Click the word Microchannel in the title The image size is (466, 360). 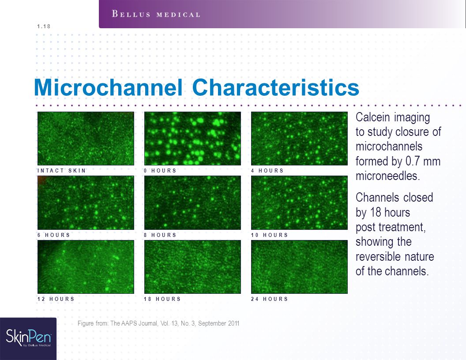click(x=108, y=87)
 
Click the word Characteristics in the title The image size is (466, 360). click(x=276, y=87)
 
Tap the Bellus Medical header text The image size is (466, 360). click(x=156, y=14)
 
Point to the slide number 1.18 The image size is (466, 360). click(x=44, y=26)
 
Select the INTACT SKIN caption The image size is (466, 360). click(x=61, y=170)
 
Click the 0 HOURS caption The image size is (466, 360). click(x=160, y=170)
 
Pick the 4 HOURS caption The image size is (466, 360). click(x=267, y=170)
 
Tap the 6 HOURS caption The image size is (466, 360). click(x=53, y=235)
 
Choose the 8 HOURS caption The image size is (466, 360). click(x=160, y=235)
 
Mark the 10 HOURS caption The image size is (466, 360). click(x=270, y=235)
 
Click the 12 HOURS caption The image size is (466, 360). click(x=56, y=299)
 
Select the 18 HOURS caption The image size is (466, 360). click(x=162, y=299)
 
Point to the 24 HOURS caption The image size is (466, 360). click(x=270, y=299)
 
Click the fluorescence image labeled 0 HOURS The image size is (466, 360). click(x=192, y=139)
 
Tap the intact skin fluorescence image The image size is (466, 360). click(x=86, y=139)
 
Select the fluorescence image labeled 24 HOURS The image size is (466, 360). click(x=299, y=267)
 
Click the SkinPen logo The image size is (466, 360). click(x=29, y=337)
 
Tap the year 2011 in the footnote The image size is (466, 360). click(x=233, y=323)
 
